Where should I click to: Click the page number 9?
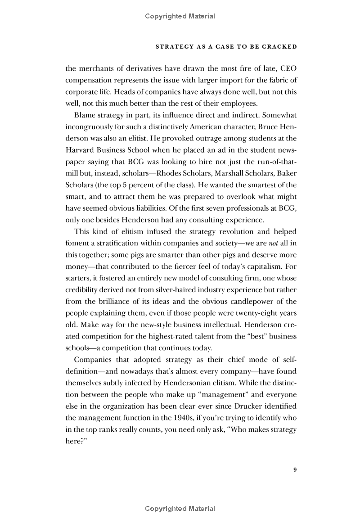click(x=295, y=470)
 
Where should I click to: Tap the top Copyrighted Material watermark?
click(x=180, y=16)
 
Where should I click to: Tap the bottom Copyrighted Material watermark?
click(x=180, y=509)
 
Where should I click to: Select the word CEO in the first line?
click(x=288, y=69)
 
